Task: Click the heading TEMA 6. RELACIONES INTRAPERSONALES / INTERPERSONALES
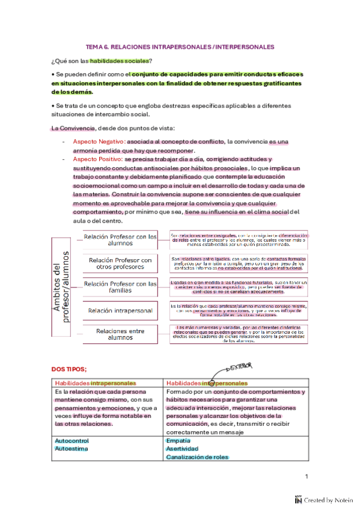click(x=180, y=46)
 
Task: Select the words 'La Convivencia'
click(x=73, y=128)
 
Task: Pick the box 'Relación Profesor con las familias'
click(x=120, y=287)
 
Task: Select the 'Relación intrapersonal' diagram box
click(x=120, y=310)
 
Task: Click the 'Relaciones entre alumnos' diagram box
click(x=120, y=334)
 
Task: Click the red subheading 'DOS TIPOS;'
click(x=69, y=368)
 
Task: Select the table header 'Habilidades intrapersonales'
click(x=95, y=383)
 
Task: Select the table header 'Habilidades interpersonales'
click(x=207, y=383)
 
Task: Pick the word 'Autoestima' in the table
click(x=70, y=449)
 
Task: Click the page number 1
click(x=306, y=476)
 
